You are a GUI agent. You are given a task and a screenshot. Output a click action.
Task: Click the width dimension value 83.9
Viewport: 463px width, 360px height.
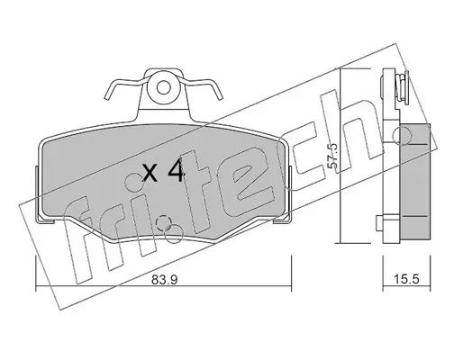tap(165, 280)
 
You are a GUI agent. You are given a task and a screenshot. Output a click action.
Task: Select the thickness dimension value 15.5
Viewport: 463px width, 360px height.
tap(406, 280)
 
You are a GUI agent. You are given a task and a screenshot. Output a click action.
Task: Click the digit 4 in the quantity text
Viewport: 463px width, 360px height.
tap(176, 173)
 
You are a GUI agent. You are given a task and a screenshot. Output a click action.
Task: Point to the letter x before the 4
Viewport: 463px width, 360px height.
tap(150, 174)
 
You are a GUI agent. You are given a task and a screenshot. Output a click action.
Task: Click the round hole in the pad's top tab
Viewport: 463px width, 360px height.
tap(163, 87)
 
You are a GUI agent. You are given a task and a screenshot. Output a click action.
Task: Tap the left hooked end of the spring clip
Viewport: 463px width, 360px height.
tap(109, 91)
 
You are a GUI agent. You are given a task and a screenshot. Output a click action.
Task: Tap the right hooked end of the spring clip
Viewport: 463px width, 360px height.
tap(217, 89)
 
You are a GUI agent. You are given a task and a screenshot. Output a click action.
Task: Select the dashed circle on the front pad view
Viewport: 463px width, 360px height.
tap(164, 223)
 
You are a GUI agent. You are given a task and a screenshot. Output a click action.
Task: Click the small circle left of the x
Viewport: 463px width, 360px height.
tap(133, 183)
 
